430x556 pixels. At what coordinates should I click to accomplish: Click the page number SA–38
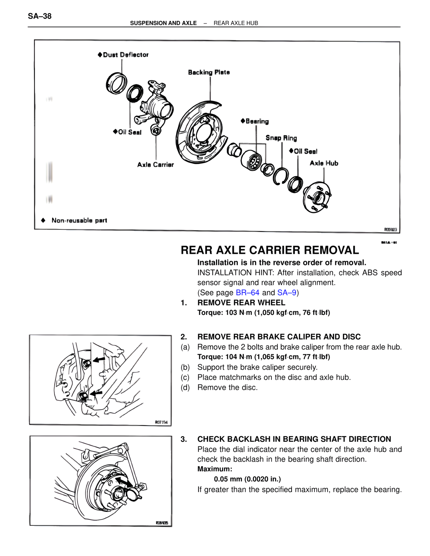(40, 16)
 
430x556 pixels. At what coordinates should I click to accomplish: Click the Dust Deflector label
(125, 55)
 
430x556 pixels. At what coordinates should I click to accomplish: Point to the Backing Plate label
(209, 72)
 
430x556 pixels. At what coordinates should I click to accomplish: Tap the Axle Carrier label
(156, 165)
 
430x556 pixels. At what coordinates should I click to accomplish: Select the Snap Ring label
(281, 138)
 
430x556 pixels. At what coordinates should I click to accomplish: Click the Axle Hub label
(324, 163)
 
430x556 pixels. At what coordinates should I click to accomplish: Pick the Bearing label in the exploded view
(257, 121)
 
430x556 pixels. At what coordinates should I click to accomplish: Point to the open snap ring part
(281, 176)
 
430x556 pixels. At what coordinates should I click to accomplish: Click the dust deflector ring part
(116, 82)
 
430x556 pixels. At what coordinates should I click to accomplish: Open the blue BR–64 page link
(248, 293)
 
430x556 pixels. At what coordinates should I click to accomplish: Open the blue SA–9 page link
(287, 293)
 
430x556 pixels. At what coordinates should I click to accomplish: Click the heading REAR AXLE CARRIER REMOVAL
(270, 250)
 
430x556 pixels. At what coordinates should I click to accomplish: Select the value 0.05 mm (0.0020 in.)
(247, 479)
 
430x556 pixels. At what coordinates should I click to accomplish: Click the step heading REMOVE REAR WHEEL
(241, 303)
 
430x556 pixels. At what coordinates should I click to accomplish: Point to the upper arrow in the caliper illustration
(99, 360)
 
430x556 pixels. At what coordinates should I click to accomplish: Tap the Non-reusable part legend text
(79, 221)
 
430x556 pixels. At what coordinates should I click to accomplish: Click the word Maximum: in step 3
(215, 469)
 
